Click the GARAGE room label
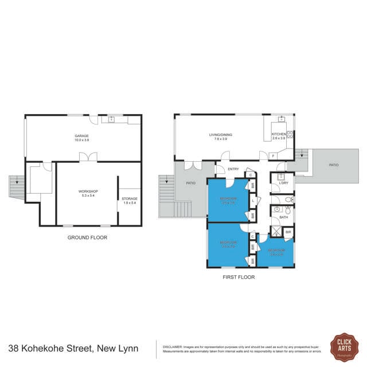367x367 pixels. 81,136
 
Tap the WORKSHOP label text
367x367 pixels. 88,192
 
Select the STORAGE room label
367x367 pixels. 130,199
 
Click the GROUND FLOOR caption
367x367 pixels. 87,237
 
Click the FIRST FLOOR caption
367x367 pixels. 239,277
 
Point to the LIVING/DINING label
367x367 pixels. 220,135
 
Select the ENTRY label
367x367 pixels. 233,169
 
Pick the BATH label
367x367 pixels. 283,217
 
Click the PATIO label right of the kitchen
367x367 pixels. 333,165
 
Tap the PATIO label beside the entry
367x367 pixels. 190,183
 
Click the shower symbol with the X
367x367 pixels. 276,232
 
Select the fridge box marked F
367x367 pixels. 273,155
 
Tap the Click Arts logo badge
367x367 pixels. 345,347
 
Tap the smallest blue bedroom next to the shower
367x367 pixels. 276,252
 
